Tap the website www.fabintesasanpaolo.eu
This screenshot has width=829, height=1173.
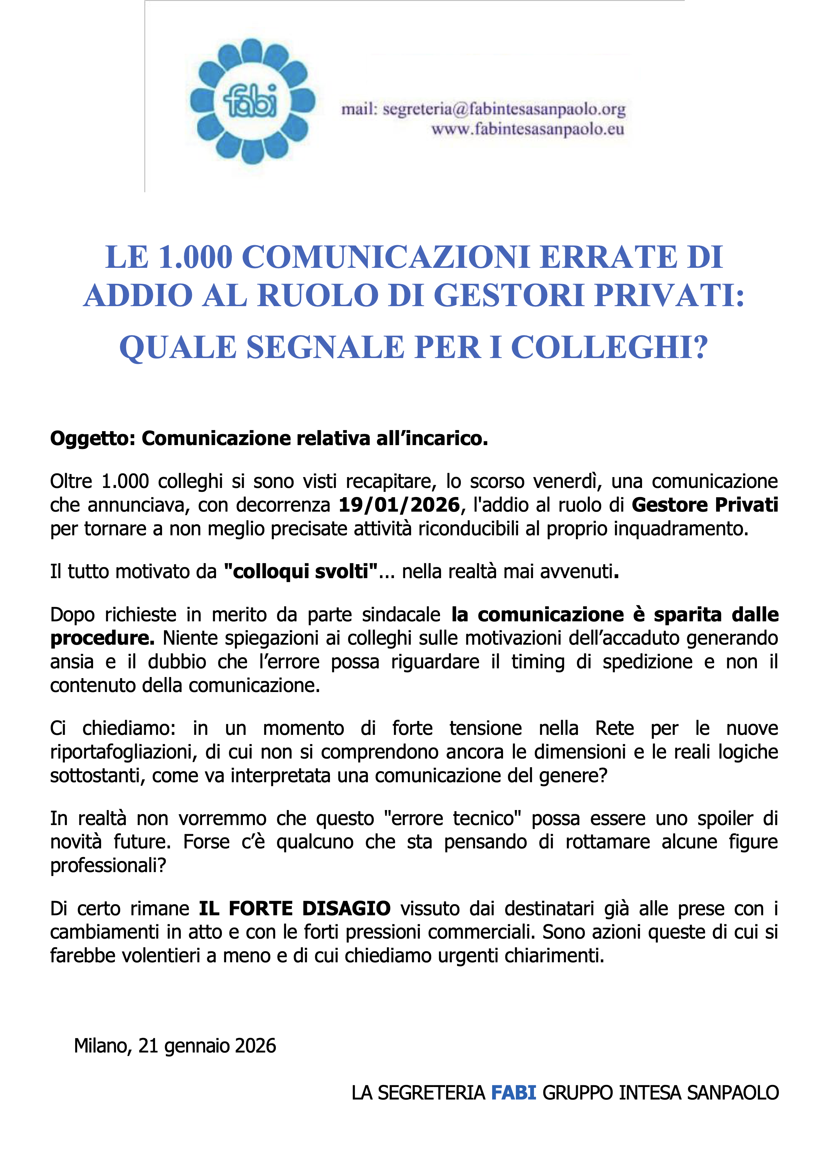[527, 129]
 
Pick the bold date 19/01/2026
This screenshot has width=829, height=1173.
[399, 505]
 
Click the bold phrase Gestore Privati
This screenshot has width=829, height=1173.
[705, 505]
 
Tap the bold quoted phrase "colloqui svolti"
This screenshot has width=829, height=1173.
[301, 571]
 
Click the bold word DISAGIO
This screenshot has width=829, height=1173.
[346, 908]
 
